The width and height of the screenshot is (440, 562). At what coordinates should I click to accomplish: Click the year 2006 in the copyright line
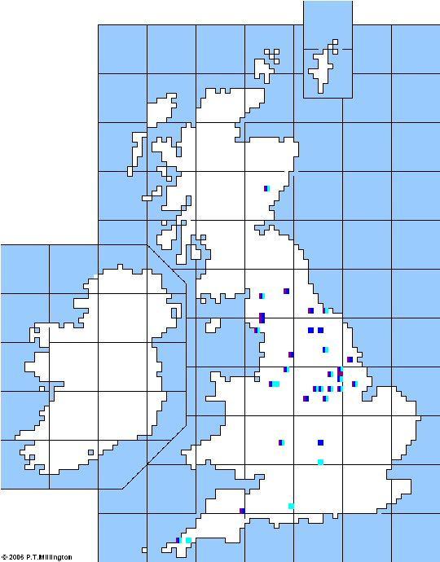(17, 557)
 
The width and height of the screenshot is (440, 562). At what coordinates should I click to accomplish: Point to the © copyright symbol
(4, 557)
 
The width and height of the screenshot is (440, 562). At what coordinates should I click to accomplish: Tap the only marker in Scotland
(266, 189)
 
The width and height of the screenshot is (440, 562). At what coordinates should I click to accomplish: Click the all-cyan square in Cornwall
(188, 540)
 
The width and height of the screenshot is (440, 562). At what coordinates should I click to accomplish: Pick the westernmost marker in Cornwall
(178, 540)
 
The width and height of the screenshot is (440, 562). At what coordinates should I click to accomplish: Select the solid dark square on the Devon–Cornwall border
(242, 511)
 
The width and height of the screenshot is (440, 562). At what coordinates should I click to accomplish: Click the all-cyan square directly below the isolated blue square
(320, 462)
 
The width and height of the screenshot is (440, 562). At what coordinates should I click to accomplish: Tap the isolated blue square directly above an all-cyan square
(320, 442)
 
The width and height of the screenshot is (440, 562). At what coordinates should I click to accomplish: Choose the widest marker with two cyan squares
(274, 384)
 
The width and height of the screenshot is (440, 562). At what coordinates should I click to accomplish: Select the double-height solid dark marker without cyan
(262, 318)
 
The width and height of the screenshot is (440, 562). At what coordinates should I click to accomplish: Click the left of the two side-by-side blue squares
(310, 330)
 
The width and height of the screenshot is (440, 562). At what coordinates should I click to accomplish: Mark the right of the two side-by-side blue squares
(320, 330)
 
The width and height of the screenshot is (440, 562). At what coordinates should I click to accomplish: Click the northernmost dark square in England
(286, 291)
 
